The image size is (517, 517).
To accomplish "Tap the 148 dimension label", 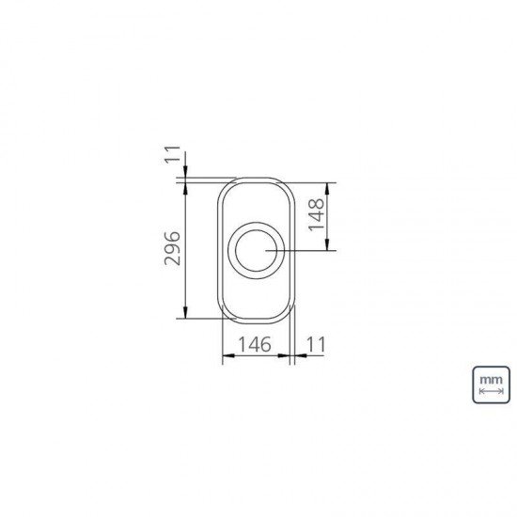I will pyautogui.click(x=316, y=215).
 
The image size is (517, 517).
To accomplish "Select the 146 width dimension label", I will pyautogui.click(x=253, y=344).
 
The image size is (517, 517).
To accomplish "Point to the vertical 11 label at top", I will pyautogui.click(x=173, y=156).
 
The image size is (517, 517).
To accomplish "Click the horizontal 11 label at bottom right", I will pyautogui.click(x=315, y=344).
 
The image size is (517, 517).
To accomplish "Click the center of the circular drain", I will pyautogui.click(x=256, y=249).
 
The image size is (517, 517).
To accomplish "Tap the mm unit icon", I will pyautogui.click(x=491, y=384).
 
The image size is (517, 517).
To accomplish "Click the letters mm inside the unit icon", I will pyautogui.click(x=491, y=378).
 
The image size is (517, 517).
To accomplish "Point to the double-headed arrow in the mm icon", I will pyautogui.click(x=491, y=391).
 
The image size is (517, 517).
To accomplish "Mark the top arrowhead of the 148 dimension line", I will pyautogui.click(x=329, y=185).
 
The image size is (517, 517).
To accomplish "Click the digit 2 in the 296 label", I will pyautogui.click(x=173, y=260).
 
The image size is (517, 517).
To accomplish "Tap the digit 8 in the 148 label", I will pyautogui.click(x=316, y=204).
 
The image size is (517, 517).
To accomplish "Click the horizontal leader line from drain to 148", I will pyautogui.click(x=301, y=250).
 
